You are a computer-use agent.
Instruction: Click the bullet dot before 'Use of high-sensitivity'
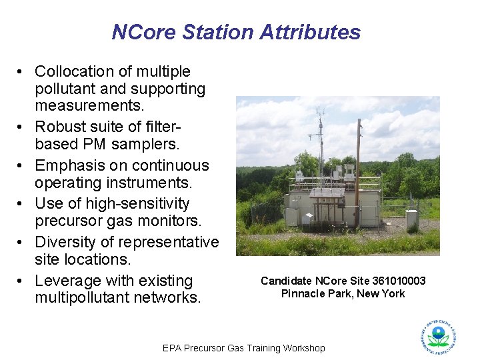pyautogui.click(x=22, y=203)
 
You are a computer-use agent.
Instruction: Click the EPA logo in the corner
pyautogui.click(x=438, y=337)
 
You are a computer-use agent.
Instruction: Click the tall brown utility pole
pyautogui.click(x=358, y=173)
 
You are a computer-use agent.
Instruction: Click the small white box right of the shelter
pyautogui.click(x=411, y=219)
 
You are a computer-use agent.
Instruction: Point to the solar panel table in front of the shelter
pyautogui.click(x=326, y=193)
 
